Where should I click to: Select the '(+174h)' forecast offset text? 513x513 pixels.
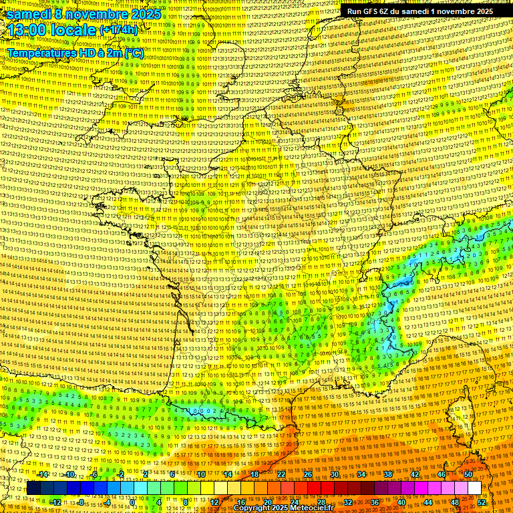pyautogui.click(x=118, y=30)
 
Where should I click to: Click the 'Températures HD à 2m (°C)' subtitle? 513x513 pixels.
pyautogui.click(x=75, y=52)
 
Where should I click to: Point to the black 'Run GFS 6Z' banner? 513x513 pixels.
pyautogui.click(x=420, y=11)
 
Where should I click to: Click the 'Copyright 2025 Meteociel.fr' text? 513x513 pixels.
pyautogui.click(x=283, y=508)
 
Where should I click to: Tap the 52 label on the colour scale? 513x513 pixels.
pyautogui.click(x=482, y=502)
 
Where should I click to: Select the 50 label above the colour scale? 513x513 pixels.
pyautogui.click(x=468, y=474)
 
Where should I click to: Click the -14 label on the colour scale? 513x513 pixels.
pyautogui.click(x=43, y=474)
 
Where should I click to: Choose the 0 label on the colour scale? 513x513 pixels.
pyautogui.click(x=132, y=502)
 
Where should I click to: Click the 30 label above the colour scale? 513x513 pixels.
pyautogui.click(x=335, y=474)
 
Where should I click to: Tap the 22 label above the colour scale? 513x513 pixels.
pyautogui.click(x=281, y=474)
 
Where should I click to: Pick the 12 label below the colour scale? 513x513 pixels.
pyautogui.click(x=214, y=502)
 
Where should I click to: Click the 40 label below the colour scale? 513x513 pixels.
pyautogui.click(x=401, y=502)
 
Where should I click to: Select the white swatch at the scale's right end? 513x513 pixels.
pyautogui.click(x=474, y=488)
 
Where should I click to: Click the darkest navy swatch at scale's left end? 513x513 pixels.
pyautogui.click(x=33, y=488)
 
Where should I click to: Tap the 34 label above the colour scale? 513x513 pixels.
pyautogui.click(x=361, y=474)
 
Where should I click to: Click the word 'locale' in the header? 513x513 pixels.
pyautogui.click(x=71, y=30)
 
